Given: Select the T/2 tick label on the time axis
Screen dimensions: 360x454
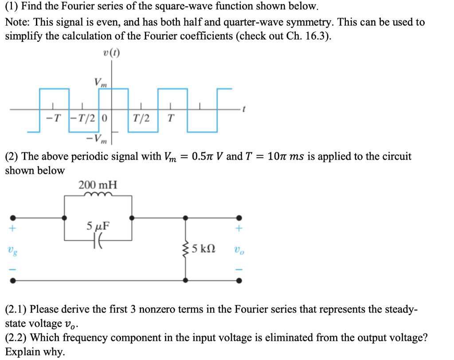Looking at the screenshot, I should [141, 118].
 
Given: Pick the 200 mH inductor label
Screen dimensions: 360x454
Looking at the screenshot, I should [98, 184].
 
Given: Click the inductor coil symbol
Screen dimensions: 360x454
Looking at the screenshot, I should [98, 195].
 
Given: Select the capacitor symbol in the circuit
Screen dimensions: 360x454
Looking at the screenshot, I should [98, 241].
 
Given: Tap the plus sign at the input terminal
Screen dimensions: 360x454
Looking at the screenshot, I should [14, 229].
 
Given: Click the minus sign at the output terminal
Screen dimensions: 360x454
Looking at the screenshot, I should [239, 269].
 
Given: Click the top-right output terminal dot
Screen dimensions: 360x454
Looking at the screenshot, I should [239, 218].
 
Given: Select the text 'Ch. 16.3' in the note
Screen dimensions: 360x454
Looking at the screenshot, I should [311, 36].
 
